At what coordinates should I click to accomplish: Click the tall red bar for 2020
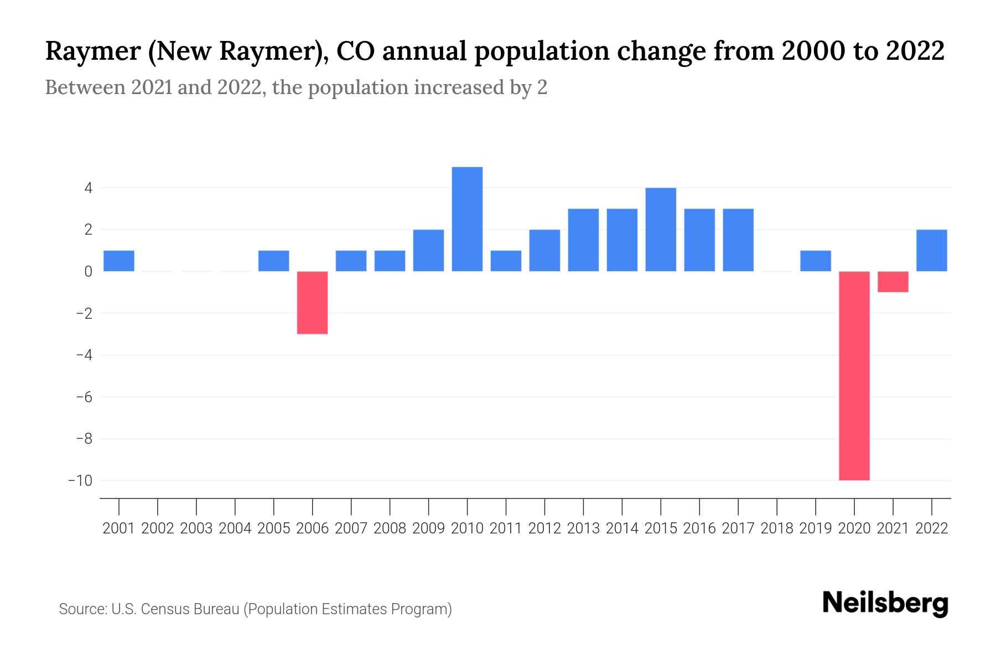coord(854,375)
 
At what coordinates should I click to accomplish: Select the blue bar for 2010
coord(467,219)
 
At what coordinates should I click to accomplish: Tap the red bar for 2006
coord(312,302)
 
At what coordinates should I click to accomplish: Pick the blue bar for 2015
coord(661,230)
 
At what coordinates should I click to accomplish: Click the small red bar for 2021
coord(893,282)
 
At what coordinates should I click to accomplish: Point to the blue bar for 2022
coord(931,250)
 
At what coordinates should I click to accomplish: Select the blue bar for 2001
coord(119,261)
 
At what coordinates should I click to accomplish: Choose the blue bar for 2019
coord(815,261)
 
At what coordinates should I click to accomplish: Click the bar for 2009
coord(428,250)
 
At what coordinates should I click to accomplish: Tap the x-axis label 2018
coord(776,528)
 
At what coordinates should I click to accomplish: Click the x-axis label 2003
coord(196,528)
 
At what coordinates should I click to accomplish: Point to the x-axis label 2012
coord(544,528)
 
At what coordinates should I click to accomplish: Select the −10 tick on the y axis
coord(80,480)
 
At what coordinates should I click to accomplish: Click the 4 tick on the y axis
coord(87,188)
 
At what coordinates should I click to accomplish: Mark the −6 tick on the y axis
coord(84,397)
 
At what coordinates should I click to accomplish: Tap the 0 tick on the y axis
coord(87,272)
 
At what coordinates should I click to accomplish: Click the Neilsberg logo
coord(885,604)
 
